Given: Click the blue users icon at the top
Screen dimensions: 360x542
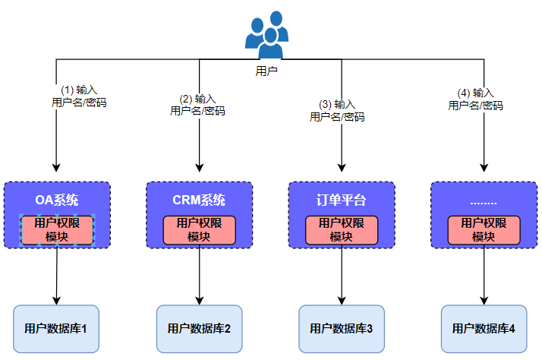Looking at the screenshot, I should (x=266, y=35).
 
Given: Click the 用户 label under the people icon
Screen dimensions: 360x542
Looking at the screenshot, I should (x=266, y=71).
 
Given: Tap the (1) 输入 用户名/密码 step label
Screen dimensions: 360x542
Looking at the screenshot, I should (x=79, y=96).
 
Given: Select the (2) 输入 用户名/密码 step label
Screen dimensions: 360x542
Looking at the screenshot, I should (x=197, y=105).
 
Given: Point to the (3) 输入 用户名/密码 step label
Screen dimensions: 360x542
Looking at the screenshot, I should (x=337, y=110).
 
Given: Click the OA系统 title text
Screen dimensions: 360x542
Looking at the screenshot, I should (x=57, y=201).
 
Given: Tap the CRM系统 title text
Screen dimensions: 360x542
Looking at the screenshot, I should (x=199, y=201).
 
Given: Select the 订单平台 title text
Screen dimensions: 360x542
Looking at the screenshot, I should (x=342, y=201).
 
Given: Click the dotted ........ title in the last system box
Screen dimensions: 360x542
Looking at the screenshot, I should (x=484, y=201).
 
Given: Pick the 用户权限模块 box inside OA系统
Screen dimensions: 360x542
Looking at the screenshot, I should (x=57, y=230).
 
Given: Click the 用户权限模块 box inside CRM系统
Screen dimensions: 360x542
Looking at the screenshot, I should (x=200, y=230).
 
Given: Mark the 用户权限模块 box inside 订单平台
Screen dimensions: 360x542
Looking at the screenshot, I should (x=342, y=230).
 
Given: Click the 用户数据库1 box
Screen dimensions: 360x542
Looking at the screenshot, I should (x=57, y=329).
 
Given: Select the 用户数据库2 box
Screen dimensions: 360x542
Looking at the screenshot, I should (x=199, y=329).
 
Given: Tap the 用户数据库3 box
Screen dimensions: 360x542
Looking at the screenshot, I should (x=342, y=329).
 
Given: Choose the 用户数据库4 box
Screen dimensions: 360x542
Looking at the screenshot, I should (x=484, y=329).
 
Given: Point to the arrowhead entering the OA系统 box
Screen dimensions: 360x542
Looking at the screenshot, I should (x=57, y=169).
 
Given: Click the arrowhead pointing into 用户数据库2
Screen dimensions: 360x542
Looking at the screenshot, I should (x=200, y=299).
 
